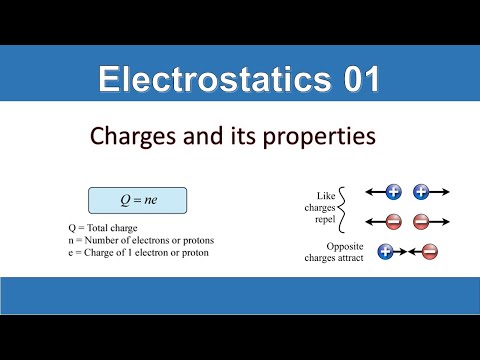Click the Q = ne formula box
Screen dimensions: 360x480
click(139, 199)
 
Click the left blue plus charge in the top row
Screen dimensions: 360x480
click(394, 191)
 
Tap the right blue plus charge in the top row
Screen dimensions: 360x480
click(421, 191)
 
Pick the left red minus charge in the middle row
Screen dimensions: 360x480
click(394, 221)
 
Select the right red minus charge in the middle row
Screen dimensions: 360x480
click(421, 221)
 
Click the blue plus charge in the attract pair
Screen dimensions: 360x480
click(385, 251)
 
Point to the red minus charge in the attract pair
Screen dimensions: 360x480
click(429, 251)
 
